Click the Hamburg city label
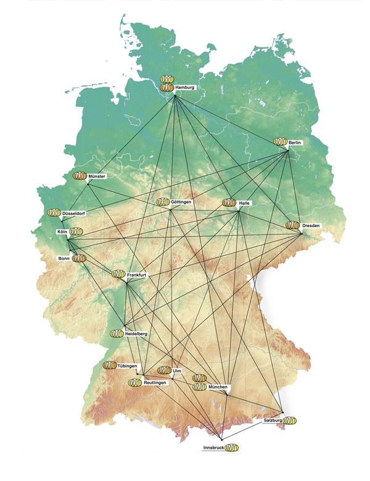click(x=184, y=88)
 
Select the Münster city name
click(x=97, y=177)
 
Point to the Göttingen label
click(x=181, y=203)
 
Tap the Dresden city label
click(x=311, y=226)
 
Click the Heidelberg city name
click(x=136, y=333)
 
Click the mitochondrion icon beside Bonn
click(x=79, y=258)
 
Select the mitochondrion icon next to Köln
click(x=76, y=232)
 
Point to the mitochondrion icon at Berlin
click(x=281, y=142)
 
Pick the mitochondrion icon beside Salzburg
click(x=289, y=420)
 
